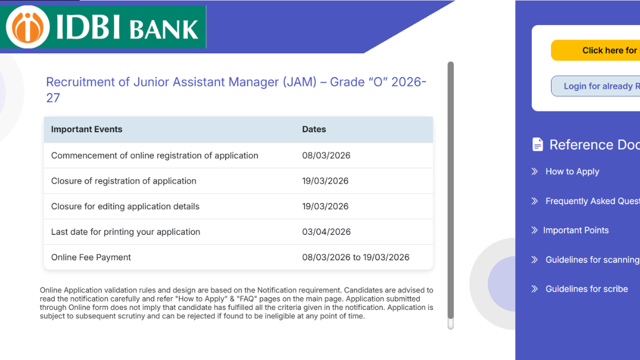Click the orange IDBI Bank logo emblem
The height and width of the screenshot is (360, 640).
point(28,27)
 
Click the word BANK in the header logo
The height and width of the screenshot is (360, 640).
point(164,29)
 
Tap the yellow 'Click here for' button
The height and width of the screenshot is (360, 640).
point(595,50)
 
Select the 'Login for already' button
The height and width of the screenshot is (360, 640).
point(595,86)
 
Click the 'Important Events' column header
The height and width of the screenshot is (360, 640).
point(86,130)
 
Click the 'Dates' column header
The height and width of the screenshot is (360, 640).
point(314,130)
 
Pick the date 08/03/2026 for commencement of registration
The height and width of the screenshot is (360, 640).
point(326,155)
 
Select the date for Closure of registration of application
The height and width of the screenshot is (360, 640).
point(325,181)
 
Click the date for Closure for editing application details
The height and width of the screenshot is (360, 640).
point(325,206)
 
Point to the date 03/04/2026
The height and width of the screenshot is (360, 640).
point(326,231)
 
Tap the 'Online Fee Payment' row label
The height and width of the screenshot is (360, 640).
point(91,258)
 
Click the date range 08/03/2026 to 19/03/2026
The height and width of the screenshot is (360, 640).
point(356,258)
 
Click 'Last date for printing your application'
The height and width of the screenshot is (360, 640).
point(125,232)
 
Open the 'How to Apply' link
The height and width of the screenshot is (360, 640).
point(572,171)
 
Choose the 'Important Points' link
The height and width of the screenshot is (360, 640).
point(575,230)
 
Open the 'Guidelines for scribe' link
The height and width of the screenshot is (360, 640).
point(587,289)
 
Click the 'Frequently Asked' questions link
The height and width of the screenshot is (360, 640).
point(593,201)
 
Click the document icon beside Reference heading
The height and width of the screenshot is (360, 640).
point(538,145)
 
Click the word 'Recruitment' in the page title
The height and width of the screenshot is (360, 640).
point(81,82)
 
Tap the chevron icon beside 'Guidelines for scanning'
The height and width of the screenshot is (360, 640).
point(534,260)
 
